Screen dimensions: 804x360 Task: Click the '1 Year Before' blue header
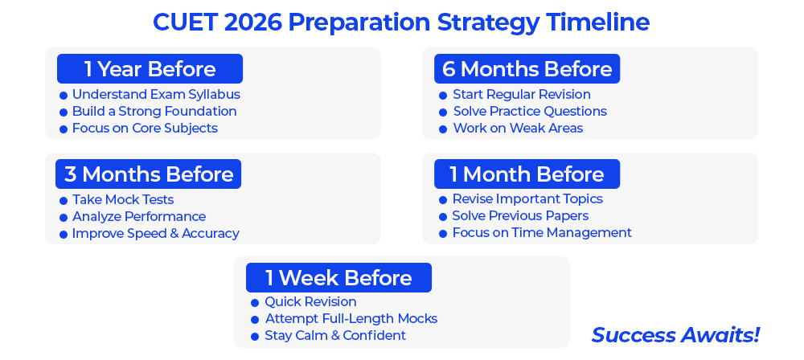(x=150, y=69)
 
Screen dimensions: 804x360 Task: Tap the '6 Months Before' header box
(x=527, y=69)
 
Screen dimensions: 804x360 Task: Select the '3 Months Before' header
(x=148, y=174)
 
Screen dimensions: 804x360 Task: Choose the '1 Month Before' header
(x=527, y=174)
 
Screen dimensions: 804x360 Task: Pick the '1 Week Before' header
(x=339, y=277)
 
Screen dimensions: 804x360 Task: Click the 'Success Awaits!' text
(x=675, y=335)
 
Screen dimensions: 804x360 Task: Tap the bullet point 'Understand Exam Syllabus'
(x=156, y=95)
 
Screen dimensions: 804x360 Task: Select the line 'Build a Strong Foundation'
(x=154, y=111)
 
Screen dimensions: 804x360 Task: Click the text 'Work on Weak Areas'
(x=518, y=129)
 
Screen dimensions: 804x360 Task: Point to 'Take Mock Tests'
(x=123, y=199)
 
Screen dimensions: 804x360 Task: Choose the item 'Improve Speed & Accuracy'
(x=155, y=233)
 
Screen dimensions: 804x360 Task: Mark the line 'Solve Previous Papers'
(x=520, y=216)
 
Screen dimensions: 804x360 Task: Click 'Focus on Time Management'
(x=542, y=233)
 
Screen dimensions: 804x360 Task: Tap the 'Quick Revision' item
(x=310, y=301)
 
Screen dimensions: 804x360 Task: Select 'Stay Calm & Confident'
(x=335, y=335)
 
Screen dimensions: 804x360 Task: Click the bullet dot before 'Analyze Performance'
(x=64, y=218)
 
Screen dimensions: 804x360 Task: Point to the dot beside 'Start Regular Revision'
(x=443, y=96)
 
